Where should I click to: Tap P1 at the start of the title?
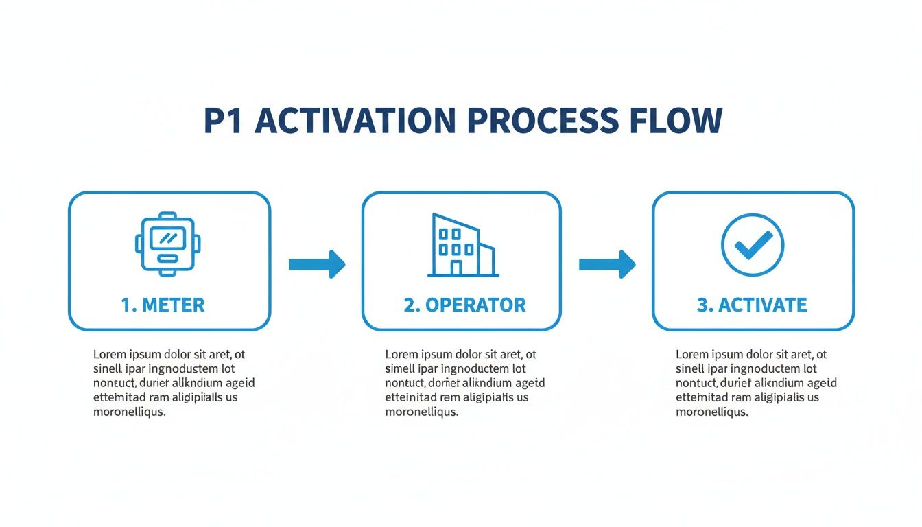(225, 120)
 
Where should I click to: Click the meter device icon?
(169, 245)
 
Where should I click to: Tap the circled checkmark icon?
(753, 244)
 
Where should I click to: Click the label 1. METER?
(163, 305)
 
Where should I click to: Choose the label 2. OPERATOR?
(464, 305)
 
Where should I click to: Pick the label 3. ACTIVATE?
(752, 305)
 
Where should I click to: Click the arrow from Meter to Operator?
(316, 264)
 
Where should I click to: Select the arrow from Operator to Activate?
(606, 264)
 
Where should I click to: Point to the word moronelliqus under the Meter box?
(129, 412)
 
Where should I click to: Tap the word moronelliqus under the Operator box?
(421, 412)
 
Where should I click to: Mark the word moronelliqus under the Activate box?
(711, 412)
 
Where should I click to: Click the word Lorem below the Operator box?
(401, 355)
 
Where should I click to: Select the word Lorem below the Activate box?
(691, 355)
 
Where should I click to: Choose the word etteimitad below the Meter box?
(121, 397)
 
